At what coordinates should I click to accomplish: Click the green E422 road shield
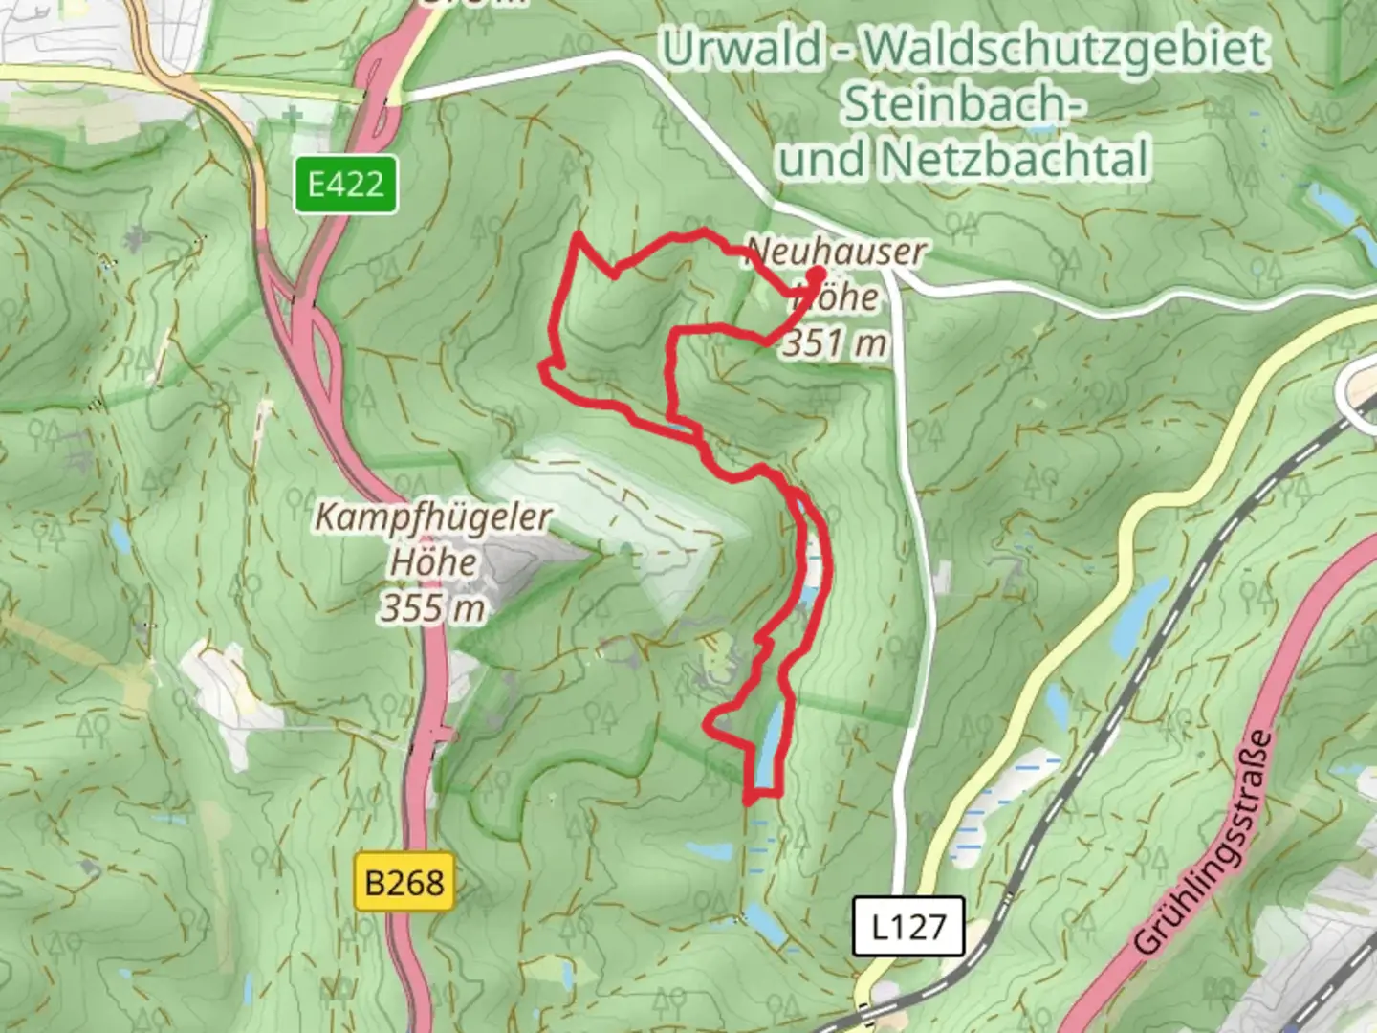345,184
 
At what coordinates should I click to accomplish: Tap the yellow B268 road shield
404,882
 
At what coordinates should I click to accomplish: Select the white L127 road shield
908,926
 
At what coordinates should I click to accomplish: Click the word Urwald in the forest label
742,49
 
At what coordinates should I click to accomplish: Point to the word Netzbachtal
1015,159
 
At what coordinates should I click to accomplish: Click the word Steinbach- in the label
963,103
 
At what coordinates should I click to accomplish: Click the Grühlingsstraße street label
1206,843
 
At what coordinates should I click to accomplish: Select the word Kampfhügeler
432,517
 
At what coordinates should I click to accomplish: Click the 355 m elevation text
432,607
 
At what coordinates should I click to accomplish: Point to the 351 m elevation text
835,341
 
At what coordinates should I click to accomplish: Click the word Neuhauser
835,252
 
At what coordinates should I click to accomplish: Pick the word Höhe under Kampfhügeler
432,562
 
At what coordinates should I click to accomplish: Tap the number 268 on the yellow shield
416,882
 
